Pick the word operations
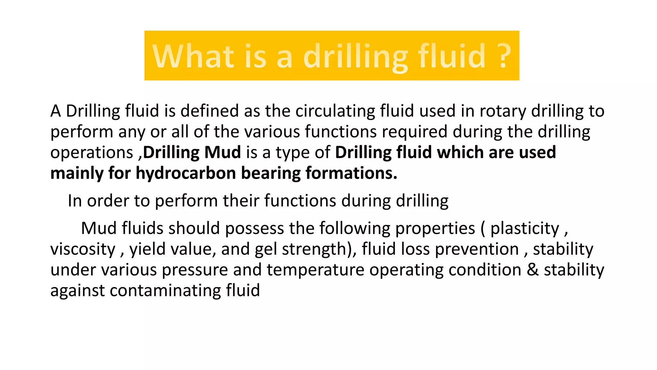click(91, 153)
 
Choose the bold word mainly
click(77, 173)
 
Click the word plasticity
click(525, 229)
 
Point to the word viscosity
click(83, 250)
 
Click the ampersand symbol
click(533, 270)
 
